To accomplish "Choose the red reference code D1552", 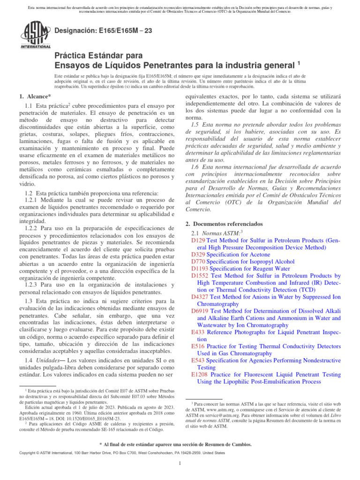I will [x=201, y=276].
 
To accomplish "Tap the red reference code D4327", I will [x=201, y=296].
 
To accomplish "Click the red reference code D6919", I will [x=201, y=311].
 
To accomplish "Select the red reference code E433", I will [x=198, y=332].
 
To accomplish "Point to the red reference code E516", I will [x=198, y=346].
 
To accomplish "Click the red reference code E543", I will [x=198, y=360].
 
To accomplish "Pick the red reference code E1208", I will [x=200, y=375].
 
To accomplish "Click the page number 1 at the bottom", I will [x=180, y=464].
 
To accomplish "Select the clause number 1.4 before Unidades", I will [x=29, y=360].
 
